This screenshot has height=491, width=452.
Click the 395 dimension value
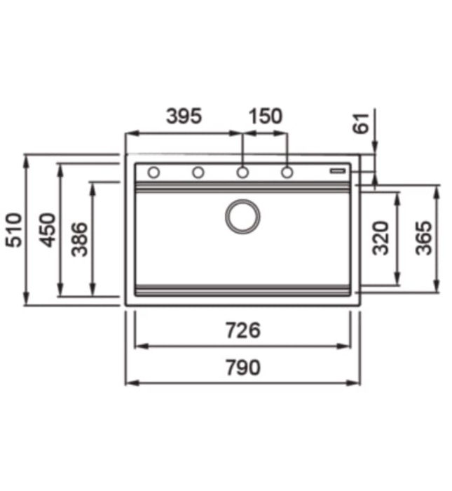pyautogui.click(x=184, y=116)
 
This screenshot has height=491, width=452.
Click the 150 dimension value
pyautogui.click(x=264, y=116)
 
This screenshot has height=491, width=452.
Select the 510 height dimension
pyautogui.click(x=13, y=230)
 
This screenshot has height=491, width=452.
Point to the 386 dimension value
pyautogui.click(x=80, y=238)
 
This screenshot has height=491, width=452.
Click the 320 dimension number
pyautogui.click(x=381, y=238)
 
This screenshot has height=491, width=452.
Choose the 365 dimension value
pyautogui.click(x=423, y=238)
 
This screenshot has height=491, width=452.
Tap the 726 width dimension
pyautogui.click(x=242, y=330)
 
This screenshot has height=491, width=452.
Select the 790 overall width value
pyautogui.click(x=242, y=367)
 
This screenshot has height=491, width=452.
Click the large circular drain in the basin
pyautogui.click(x=242, y=215)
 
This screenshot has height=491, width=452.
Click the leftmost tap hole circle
pyautogui.click(x=153, y=173)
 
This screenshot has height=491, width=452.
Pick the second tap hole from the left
pyautogui.click(x=198, y=173)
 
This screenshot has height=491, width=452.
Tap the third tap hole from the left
pyautogui.click(x=242, y=173)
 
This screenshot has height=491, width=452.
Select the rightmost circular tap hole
pyautogui.click(x=287, y=173)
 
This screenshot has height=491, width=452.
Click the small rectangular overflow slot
pyautogui.click(x=339, y=170)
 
